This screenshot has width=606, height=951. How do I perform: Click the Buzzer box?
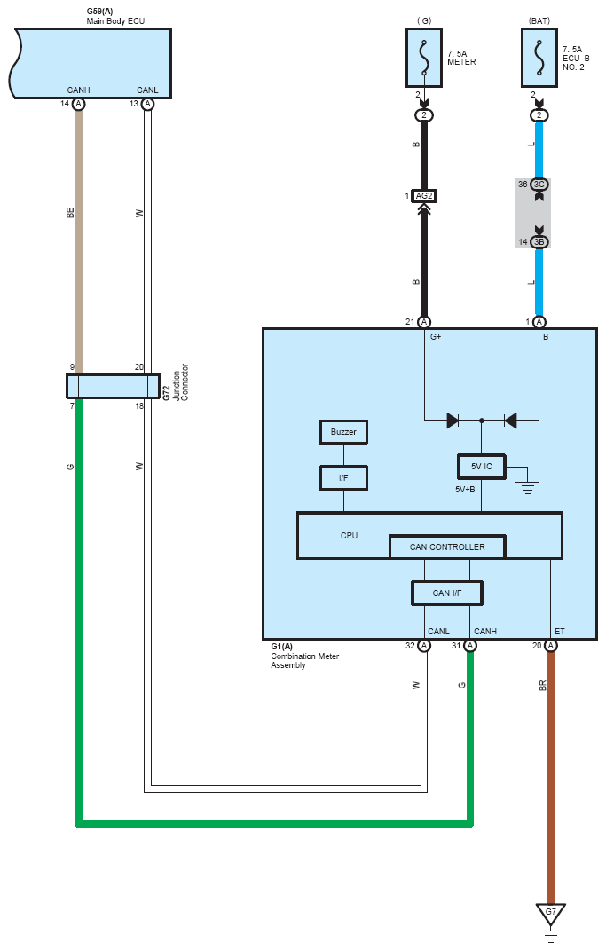pos(343,432)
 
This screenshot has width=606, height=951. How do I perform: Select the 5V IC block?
pos(482,467)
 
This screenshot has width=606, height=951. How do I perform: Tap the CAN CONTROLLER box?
pos(447,546)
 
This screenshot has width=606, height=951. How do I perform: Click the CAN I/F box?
pos(447,593)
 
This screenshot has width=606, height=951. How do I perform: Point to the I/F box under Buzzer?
pos(343,478)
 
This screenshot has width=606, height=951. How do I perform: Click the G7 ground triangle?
pos(551,914)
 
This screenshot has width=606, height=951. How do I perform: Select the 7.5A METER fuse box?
pos(423,58)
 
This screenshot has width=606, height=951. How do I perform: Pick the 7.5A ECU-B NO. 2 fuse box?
pos(539,58)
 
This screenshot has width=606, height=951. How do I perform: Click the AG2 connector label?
pos(424,196)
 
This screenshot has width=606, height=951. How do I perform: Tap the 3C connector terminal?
pos(539,185)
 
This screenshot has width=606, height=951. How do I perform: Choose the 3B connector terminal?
pos(539,242)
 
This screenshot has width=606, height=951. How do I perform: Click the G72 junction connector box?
pos(113,387)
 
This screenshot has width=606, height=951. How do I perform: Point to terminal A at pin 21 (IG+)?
pos(424,322)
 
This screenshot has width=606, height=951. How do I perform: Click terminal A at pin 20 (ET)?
pos(551,646)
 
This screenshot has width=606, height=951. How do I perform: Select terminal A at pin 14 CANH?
pos(78,105)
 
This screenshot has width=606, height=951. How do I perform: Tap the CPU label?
pos(349,536)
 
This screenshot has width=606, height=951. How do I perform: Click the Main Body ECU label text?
pos(116,20)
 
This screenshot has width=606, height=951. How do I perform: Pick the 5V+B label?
pos(465,489)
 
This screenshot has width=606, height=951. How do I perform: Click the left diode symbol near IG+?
pos(453,420)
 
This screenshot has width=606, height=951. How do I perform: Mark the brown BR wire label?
pos(542,686)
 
